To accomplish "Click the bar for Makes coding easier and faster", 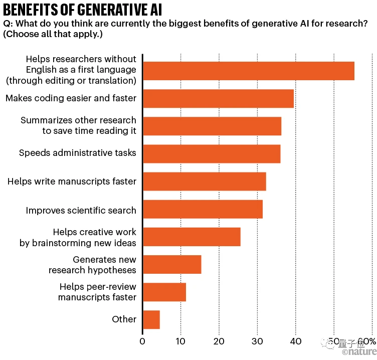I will pos(218,98).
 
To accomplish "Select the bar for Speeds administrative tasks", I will pos(212,153).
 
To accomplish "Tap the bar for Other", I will pos(151,319).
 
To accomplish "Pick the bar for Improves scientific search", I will pos(203,209).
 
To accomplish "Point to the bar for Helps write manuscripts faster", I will pos(205,181).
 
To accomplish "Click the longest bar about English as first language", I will pos(249,71).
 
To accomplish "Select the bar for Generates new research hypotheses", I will pos(172,264).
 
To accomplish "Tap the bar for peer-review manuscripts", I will pos(164,292).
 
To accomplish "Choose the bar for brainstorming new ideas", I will pos(192,237).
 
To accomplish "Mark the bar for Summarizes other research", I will pos(212,126).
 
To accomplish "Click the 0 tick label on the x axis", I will pos(143,342).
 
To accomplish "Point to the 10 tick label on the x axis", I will pos(181,342).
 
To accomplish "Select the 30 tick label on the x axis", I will pos(257,342).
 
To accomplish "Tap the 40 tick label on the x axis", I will pos(295,342).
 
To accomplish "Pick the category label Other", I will pos(124,319).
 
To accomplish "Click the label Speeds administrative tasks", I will pos(78,153).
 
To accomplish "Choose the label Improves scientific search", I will pos(81,210).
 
